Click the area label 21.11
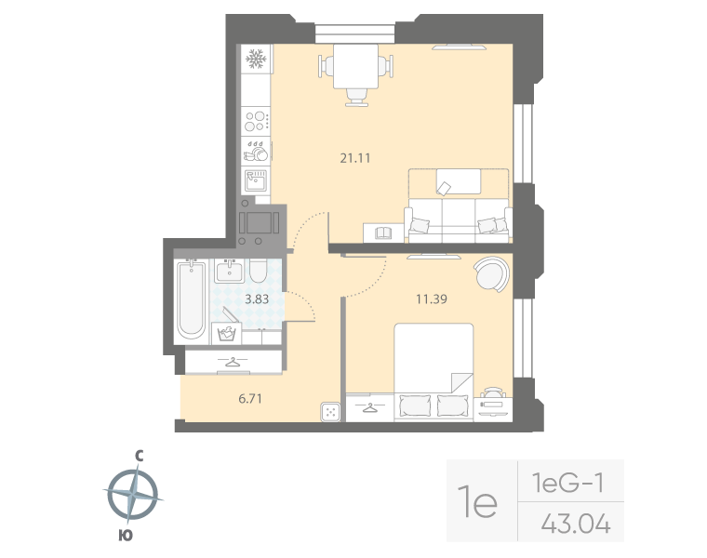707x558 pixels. tap(355, 158)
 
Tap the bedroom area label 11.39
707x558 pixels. tap(431, 299)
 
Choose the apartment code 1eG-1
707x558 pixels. tap(568, 483)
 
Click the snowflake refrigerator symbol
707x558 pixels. tap(255, 60)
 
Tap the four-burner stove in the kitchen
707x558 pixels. tap(255, 122)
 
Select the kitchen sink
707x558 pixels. tap(256, 178)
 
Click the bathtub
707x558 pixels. tap(191, 299)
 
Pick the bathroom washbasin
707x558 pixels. tap(229, 271)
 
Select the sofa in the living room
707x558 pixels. tap(458, 206)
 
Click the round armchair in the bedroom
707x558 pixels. tap(490, 273)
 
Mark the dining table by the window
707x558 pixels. tap(354, 67)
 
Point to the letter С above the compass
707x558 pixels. tap(138, 456)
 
